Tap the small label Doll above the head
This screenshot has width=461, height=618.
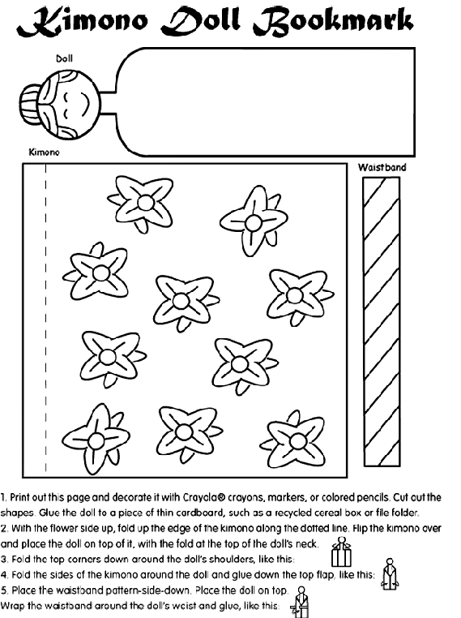point(64,58)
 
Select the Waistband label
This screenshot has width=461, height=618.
point(382,167)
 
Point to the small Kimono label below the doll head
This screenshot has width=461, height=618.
point(44,152)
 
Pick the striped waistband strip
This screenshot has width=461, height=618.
point(382,322)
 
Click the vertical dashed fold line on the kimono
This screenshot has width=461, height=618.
point(45,318)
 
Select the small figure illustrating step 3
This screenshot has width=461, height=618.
point(341,551)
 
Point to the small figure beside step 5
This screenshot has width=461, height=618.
point(301,603)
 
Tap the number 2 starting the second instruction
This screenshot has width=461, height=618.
point(4,528)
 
